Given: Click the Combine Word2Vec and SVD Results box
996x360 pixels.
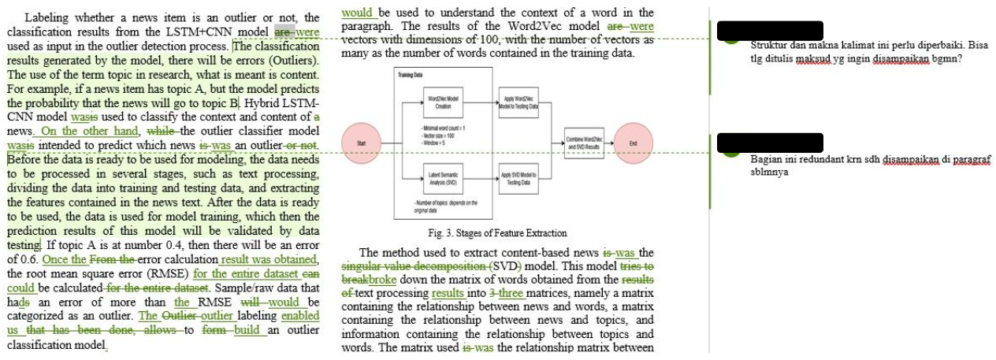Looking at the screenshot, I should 584,143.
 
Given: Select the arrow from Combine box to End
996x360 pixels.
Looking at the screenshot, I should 610,143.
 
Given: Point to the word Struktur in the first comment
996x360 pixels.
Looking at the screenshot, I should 768,45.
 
